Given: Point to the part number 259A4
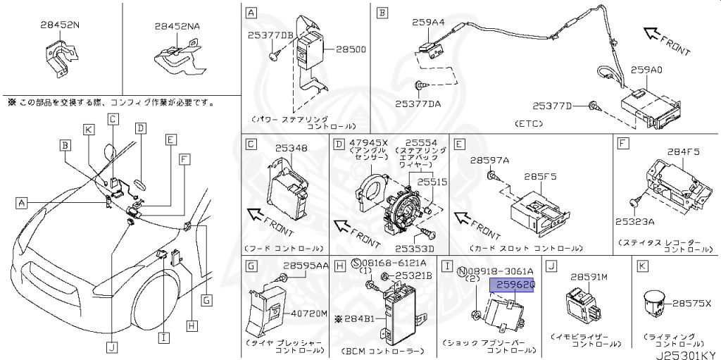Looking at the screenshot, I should coord(430,23).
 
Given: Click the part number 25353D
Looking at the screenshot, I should coord(415,248).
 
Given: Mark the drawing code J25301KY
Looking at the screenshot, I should coord(686,354).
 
